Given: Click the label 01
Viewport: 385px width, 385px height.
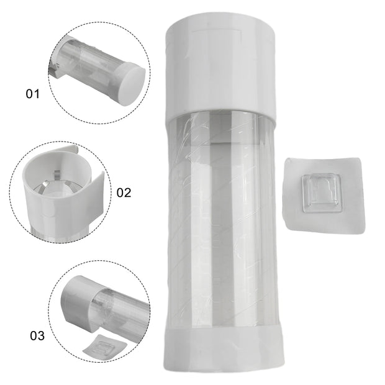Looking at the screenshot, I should click(x=32, y=94).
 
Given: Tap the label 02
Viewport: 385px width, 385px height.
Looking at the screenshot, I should click(x=124, y=192).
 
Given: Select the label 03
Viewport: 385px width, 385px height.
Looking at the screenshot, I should click(x=37, y=337).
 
